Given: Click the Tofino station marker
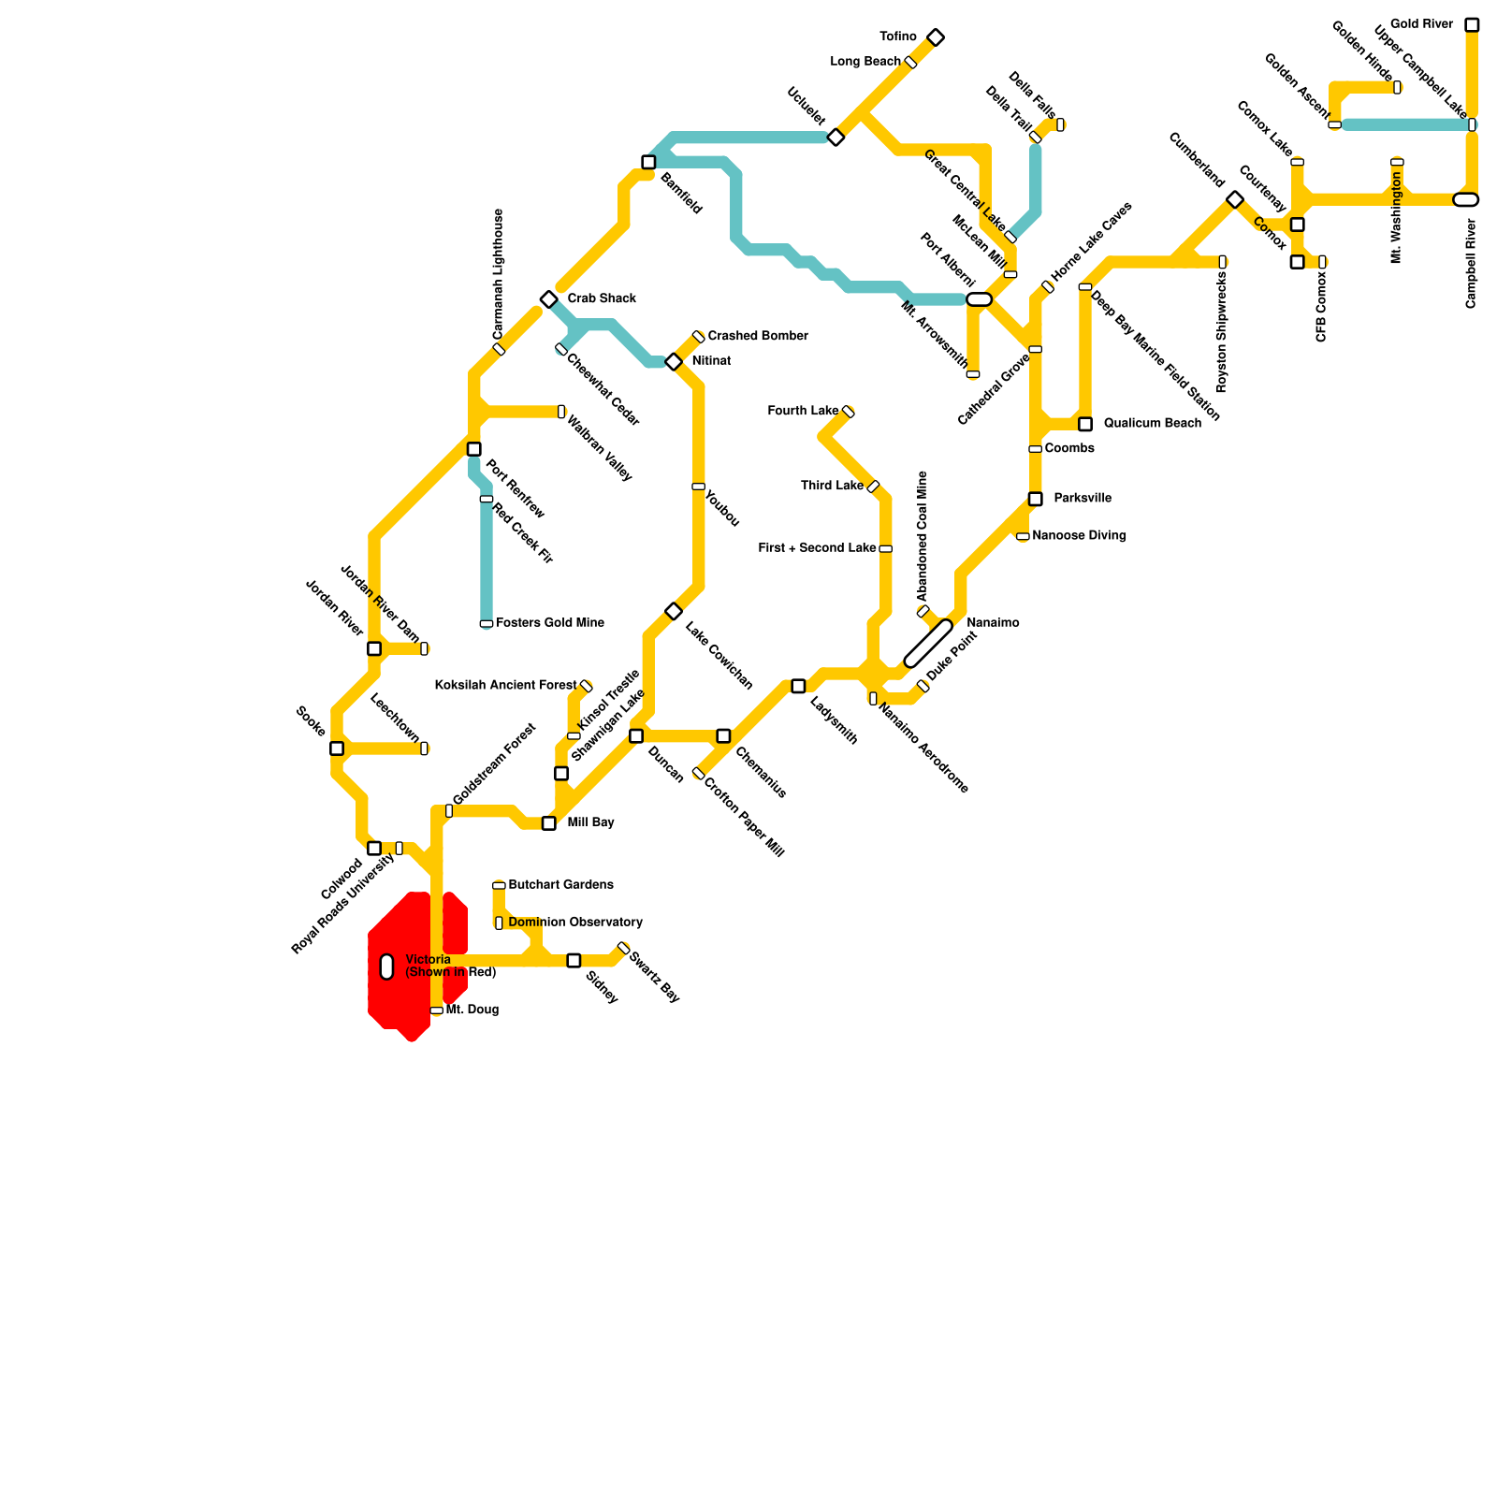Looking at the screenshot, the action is click(x=936, y=37).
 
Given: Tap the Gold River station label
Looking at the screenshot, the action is click(x=1421, y=24).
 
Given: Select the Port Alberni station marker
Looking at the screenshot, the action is click(x=979, y=299).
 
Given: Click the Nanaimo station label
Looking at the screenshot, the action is click(x=993, y=623).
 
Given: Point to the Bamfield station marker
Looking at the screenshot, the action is click(x=648, y=162).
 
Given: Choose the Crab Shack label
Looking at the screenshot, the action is click(x=602, y=298).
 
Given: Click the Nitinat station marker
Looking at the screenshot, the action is click(x=674, y=361).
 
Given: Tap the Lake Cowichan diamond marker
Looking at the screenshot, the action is click(x=674, y=611).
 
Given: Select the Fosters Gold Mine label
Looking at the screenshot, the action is click(x=549, y=623).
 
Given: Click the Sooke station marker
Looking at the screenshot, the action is click(x=337, y=748).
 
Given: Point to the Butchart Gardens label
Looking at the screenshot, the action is click(x=560, y=885).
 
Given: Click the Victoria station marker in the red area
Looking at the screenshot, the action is click(x=387, y=967).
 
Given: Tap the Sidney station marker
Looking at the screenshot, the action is click(x=574, y=960).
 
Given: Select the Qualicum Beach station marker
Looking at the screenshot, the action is click(x=1085, y=424).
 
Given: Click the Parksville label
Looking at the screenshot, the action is click(x=1083, y=499).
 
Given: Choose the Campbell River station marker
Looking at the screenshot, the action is click(x=1466, y=199).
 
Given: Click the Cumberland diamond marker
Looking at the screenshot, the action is click(x=1235, y=199).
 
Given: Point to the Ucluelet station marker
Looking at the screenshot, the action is click(x=836, y=138).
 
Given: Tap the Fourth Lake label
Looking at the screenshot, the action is click(x=802, y=411).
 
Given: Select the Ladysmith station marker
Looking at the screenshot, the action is click(x=798, y=686).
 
